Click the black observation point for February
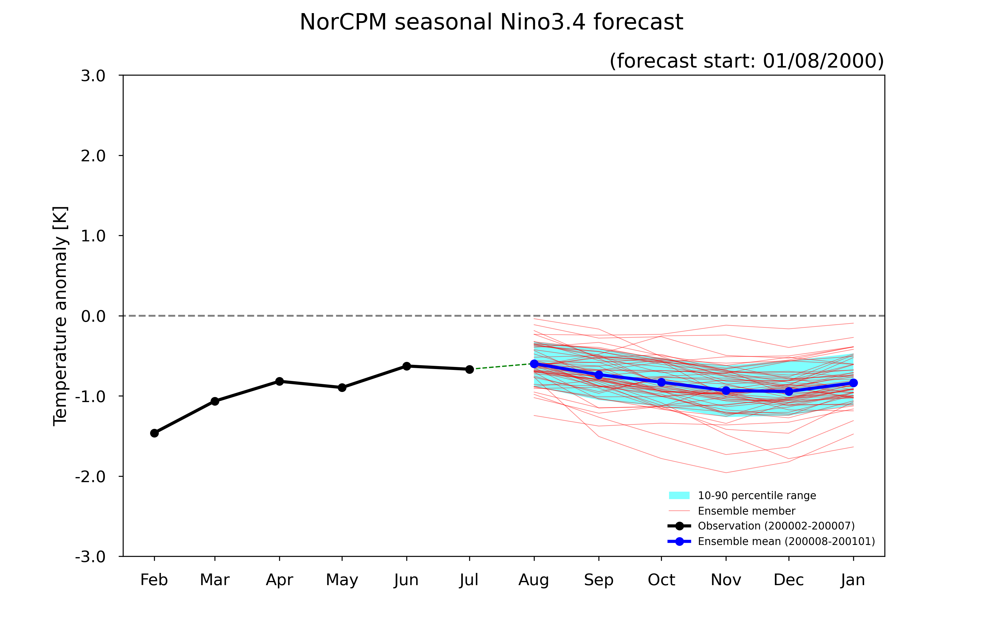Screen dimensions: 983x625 coord(154,433)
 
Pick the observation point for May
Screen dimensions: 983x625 coord(342,387)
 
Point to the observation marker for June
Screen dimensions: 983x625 coord(407,366)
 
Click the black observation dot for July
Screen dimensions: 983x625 coord(469,370)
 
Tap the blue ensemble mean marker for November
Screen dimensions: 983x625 coord(726,391)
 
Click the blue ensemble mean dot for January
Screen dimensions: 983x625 coord(853,383)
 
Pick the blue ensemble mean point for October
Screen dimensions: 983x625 coord(661,382)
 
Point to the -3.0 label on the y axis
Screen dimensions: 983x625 coord(90,557)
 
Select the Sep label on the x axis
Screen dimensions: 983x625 coord(598,580)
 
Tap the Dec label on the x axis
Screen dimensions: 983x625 coord(789,580)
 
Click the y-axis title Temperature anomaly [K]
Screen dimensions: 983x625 coord(60,316)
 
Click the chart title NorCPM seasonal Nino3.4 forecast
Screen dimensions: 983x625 coord(491,22)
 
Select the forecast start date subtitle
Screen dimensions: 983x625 coord(747,61)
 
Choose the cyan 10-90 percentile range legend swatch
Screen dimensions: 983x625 coord(679,496)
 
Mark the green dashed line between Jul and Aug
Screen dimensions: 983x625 coord(502,366)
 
